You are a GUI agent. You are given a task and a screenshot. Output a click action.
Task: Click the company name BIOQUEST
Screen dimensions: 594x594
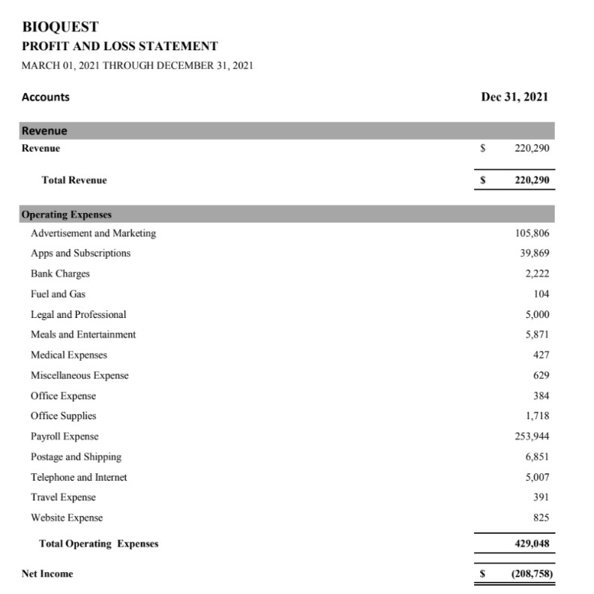(x=61, y=27)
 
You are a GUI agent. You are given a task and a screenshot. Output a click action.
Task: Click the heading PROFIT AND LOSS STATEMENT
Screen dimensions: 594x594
(x=120, y=46)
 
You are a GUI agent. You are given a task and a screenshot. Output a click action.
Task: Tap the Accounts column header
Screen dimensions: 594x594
(x=46, y=97)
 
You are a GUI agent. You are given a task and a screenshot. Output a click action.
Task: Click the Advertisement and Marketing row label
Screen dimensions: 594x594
(x=93, y=233)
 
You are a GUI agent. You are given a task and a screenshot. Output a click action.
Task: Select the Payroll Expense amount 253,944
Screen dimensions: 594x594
(x=532, y=436)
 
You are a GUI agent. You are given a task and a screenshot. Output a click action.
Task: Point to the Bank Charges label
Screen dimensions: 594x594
(x=60, y=274)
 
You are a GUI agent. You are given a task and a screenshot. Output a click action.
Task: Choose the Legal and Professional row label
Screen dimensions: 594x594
(x=78, y=314)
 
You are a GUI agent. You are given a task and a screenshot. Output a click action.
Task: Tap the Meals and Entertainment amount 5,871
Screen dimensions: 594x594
(x=536, y=334)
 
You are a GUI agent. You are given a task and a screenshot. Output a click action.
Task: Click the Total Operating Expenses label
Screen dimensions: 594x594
(x=98, y=543)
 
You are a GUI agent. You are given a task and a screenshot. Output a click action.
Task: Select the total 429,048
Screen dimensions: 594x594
(x=531, y=543)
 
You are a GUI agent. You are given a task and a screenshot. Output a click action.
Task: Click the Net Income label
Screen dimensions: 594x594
(x=47, y=574)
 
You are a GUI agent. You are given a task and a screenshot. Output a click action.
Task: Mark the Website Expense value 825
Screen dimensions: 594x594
(x=541, y=517)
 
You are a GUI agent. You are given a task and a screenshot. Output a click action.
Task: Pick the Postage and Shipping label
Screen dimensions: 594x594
(x=76, y=457)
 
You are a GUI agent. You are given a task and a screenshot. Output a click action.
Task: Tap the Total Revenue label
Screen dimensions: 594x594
(x=74, y=180)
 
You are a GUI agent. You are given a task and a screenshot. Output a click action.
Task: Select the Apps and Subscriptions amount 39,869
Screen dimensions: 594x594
(x=535, y=253)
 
